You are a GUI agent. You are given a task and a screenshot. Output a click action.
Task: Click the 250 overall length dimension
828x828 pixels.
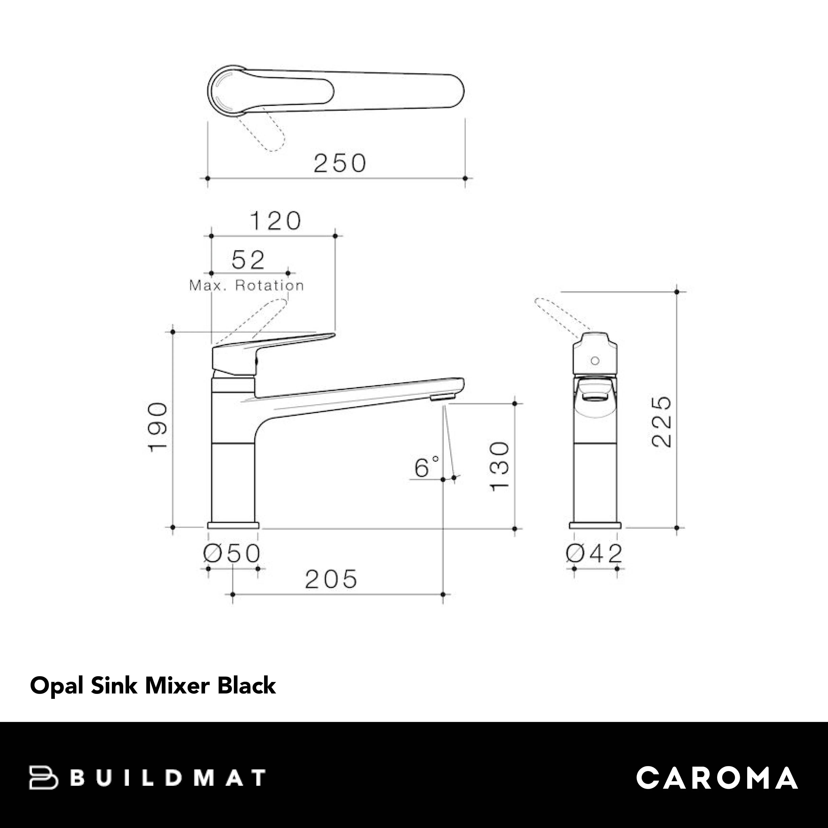339,163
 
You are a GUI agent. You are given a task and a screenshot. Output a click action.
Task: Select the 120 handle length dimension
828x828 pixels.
275,221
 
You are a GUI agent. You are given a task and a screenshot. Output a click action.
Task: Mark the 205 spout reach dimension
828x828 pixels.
331,579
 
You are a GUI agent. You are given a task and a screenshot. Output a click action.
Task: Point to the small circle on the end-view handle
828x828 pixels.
595,361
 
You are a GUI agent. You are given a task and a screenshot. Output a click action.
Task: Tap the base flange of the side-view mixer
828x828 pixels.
233,525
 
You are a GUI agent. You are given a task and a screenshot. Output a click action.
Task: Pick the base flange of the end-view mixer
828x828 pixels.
595,525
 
